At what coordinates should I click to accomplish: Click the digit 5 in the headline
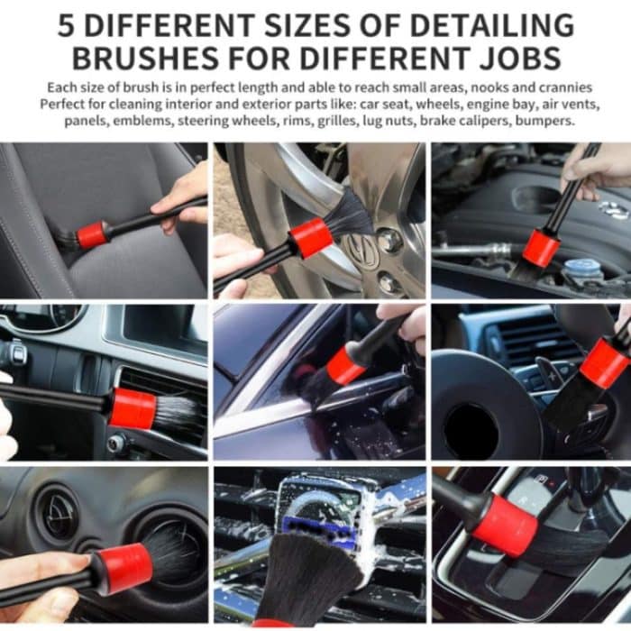(67, 25)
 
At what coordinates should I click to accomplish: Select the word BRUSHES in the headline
(145, 58)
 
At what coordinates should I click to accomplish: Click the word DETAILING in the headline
(492, 25)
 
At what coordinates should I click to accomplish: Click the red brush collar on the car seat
(92, 235)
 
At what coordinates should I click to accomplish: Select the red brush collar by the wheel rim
(312, 237)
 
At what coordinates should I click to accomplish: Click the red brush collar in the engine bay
(541, 248)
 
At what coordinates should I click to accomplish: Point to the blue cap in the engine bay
(578, 267)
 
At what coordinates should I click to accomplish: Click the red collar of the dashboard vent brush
(132, 408)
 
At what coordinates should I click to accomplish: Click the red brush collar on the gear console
(504, 526)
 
